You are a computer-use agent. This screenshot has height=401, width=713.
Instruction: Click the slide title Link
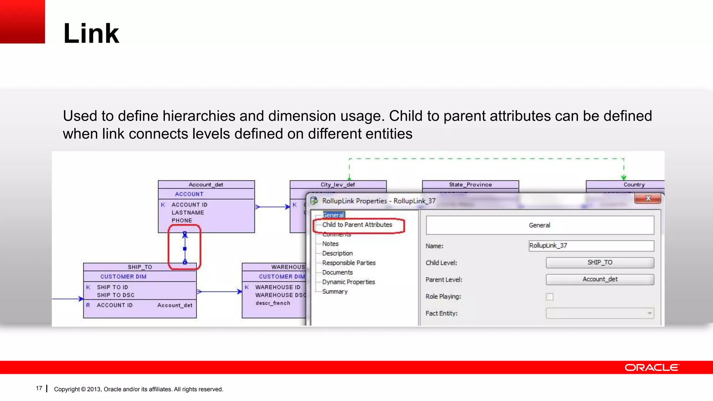(x=91, y=33)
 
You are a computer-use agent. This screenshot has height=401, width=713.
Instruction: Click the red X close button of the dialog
(x=648, y=198)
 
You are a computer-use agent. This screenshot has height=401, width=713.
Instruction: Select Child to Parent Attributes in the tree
(x=357, y=225)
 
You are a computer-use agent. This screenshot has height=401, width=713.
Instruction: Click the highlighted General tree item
(x=333, y=215)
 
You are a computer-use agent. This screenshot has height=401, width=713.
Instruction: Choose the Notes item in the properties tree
(x=330, y=244)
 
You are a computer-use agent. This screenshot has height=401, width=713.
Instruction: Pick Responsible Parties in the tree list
(x=349, y=263)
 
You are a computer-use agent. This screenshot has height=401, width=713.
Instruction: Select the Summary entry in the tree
(x=335, y=292)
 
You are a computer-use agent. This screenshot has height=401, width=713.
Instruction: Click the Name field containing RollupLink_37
(x=591, y=246)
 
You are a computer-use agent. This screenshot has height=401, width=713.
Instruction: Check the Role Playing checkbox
(x=549, y=297)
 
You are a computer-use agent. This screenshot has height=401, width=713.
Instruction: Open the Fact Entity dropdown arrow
(x=649, y=313)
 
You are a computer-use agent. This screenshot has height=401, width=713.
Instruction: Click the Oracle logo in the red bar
(x=651, y=368)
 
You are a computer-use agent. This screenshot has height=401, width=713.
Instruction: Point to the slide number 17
(x=39, y=388)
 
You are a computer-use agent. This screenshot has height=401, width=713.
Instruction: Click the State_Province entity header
(x=470, y=184)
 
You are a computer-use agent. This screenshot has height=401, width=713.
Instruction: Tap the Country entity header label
(x=634, y=184)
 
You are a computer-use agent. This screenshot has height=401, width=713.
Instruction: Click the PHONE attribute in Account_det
(x=182, y=220)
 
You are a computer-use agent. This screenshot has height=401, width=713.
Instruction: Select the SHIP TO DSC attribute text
(x=116, y=295)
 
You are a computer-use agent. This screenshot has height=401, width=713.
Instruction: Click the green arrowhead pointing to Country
(x=624, y=178)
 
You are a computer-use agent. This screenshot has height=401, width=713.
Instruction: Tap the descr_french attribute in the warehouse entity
(x=273, y=303)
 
